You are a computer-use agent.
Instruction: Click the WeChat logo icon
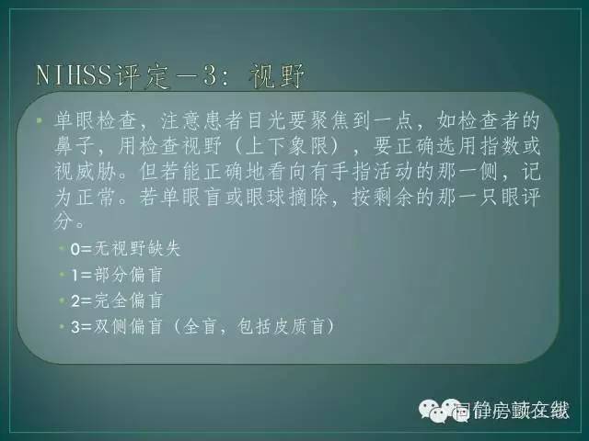pos(432,410)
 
